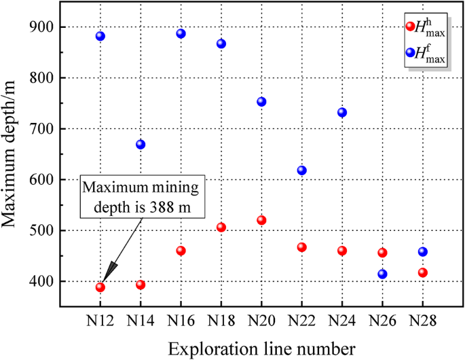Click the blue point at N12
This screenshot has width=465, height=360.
(100, 36)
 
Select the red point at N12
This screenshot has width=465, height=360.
(100, 287)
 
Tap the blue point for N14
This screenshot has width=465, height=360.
(141, 145)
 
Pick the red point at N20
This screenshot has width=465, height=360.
(261, 220)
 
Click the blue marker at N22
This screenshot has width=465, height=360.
(301, 170)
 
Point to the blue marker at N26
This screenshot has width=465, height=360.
(382, 274)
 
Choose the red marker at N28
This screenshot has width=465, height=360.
(422, 272)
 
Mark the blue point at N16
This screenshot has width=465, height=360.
(181, 34)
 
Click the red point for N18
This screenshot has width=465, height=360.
(221, 228)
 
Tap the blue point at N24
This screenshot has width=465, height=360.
(342, 113)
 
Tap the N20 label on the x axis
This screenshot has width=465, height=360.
(261, 320)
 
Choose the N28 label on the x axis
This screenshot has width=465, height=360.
(422, 320)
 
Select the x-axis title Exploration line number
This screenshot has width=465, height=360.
(261, 348)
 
